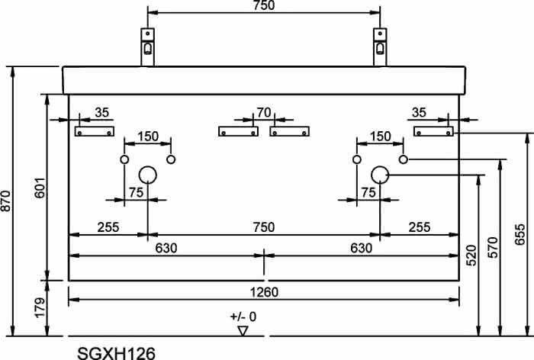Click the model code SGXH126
[x=117, y=353]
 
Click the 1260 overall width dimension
[x=264, y=292]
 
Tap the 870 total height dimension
[x=6, y=201]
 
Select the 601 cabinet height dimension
[x=40, y=188]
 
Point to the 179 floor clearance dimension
[x=40, y=307]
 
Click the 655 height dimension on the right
[x=520, y=234]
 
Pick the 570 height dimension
[x=493, y=248]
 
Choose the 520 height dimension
[x=471, y=256]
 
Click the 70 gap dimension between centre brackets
[x=264, y=112]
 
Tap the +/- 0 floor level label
[x=243, y=317]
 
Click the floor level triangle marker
[x=243, y=330]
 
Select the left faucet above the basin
[x=147, y=47]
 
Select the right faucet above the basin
[x=380, y=47]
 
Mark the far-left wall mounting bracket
[x=95, y=131]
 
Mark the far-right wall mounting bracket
[x=433, y=131]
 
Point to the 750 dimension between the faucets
[x=264, y=5]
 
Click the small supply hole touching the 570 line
[x=404, y=159]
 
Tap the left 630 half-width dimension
[x=166, y=248]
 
